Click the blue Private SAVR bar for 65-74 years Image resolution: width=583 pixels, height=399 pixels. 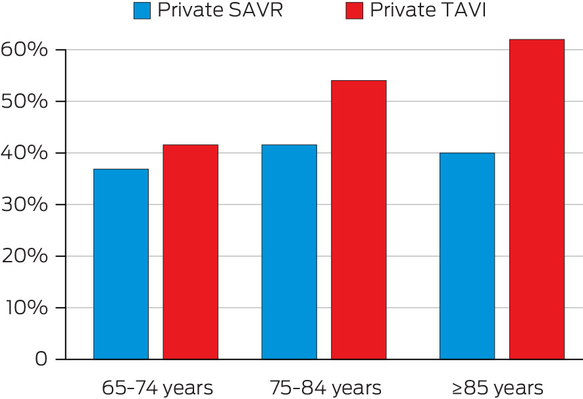tap(120, 264)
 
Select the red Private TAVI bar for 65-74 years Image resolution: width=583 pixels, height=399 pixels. tap(191, 252)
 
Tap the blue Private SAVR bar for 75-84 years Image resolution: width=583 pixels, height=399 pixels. tap(289, 252)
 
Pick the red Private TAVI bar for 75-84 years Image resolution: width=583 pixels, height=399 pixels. tap(359, 220)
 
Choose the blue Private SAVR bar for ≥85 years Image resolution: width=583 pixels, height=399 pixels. tap(467, 256)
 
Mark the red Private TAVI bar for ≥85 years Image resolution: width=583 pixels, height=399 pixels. tap(536, 199)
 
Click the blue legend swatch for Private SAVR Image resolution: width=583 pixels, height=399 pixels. tap(142, 11)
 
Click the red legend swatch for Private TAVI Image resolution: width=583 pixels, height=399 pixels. tap(353, 11)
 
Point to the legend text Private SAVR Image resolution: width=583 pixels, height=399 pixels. tap(220, 11)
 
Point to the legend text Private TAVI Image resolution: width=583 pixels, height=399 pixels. tap(428, 11)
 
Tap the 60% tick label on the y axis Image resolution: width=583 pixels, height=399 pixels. tap(24, 50)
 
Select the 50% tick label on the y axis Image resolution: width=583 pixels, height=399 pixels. tap(24, 101)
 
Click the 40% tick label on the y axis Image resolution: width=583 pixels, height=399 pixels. tap(24, 153)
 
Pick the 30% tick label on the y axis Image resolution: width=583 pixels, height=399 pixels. tap(24, 204)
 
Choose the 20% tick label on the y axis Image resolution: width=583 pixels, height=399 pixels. tap(24, 256)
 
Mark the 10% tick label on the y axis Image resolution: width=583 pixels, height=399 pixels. tap(24, 308)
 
